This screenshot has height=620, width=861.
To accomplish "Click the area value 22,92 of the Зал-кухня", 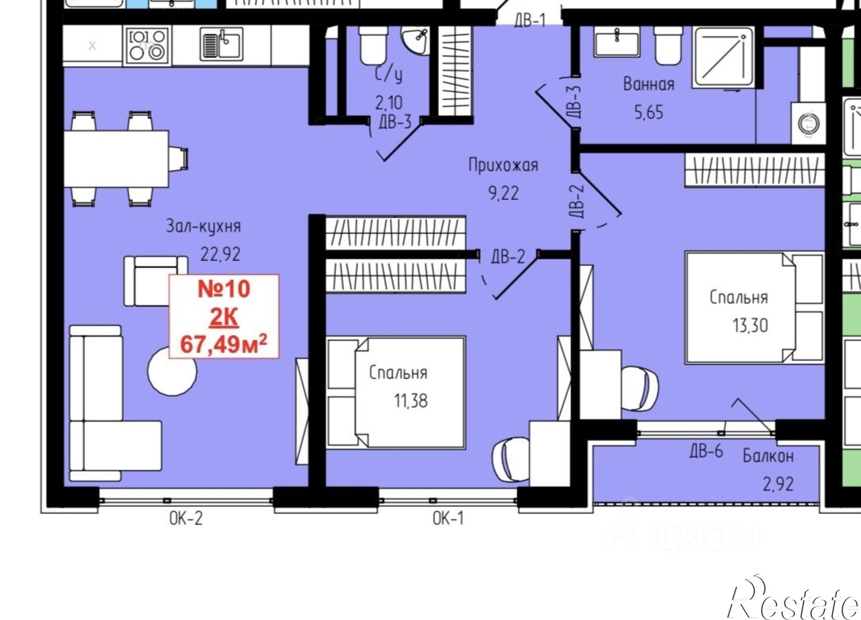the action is click(220, 254).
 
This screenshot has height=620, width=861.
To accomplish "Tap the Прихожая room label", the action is click(503, 165).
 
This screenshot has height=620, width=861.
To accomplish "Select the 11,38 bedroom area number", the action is click(411, 401).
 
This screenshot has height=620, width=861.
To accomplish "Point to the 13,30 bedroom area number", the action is click(750, 325).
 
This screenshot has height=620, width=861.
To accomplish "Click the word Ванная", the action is click(649, 84).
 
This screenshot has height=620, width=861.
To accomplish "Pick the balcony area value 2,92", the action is click(778, 484).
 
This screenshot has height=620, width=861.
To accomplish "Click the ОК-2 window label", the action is click(186, 518).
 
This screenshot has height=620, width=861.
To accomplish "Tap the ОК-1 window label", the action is click(448, 518).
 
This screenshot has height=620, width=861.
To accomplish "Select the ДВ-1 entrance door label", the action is click(530, 20).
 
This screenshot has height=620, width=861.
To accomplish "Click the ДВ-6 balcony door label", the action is click(706, 451).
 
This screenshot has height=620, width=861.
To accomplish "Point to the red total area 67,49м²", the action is click(224, 344).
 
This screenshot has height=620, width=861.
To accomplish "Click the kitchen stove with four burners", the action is click(147, 44).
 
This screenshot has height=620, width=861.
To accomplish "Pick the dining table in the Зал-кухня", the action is click(116, 159).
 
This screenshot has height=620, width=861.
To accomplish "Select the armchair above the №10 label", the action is click(156, 280).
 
